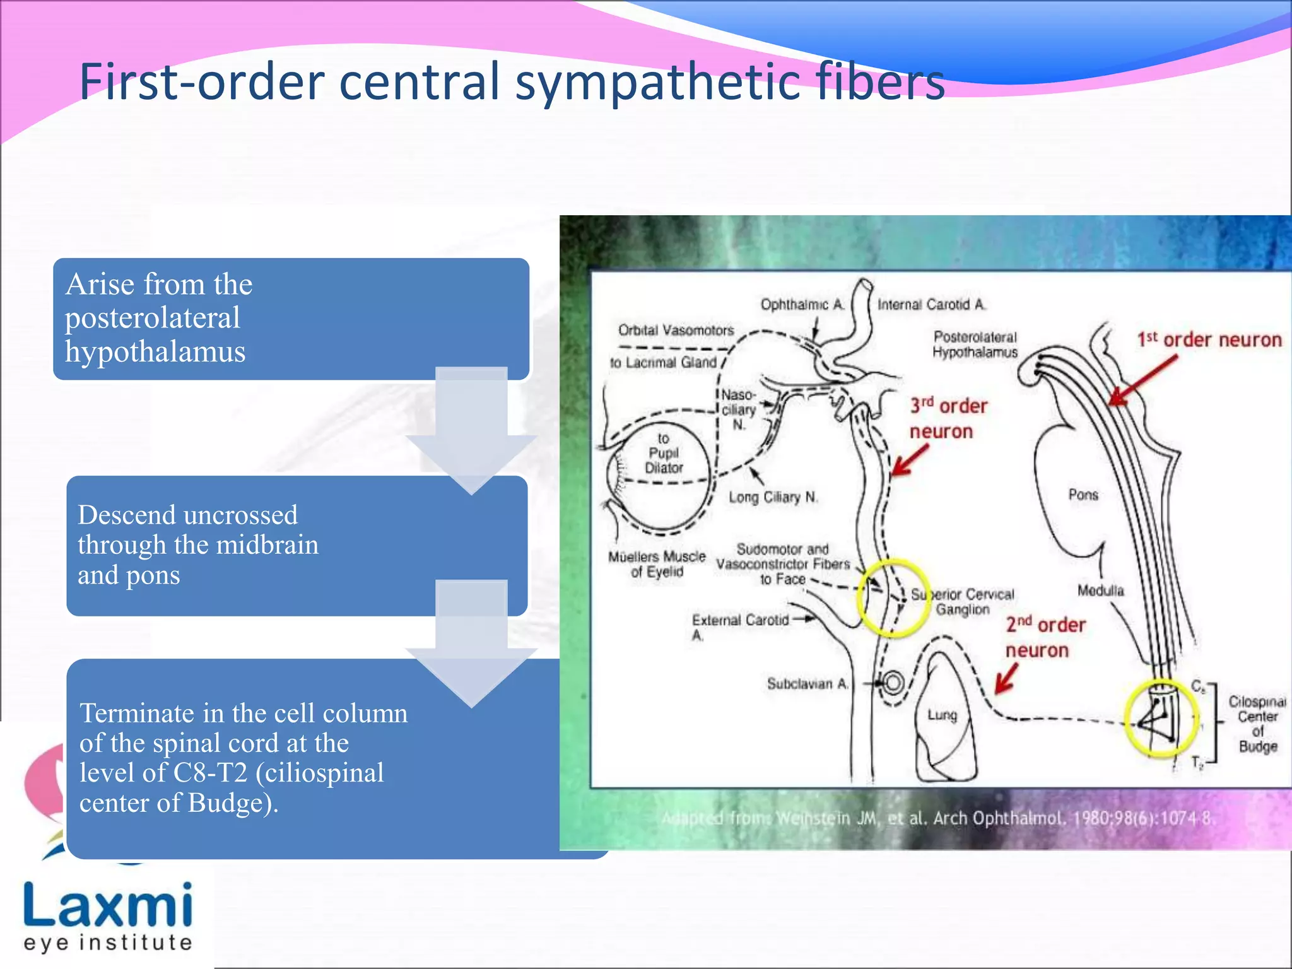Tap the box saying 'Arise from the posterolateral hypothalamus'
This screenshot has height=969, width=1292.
click(290, 318)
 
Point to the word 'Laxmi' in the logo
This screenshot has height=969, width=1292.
click(108, 906)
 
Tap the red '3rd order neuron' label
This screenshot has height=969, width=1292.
click(948, 418)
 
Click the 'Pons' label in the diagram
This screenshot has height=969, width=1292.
click(1083, 495)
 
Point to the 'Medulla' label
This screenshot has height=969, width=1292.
click(1100, 590)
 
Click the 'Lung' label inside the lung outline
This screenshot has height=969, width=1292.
click(942, 715)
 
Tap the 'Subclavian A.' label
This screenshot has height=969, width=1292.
click(808, 684)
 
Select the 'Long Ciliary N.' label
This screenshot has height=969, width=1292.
click(773, 497)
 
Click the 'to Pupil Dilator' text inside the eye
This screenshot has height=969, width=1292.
click(663, 453)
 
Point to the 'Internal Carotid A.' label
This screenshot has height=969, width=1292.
click(931, 305)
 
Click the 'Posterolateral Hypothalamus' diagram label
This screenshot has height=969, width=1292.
click(975, 344)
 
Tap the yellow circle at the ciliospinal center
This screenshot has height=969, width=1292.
click(1161, 719)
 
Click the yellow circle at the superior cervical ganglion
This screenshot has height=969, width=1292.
click(891, 597)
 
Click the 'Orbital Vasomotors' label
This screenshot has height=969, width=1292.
click(676, 330)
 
